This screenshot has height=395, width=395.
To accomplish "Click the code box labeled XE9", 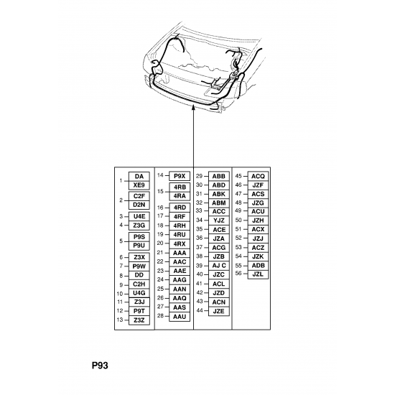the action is [x=139, y=185].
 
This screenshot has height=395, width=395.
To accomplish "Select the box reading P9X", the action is [x=180, y=176].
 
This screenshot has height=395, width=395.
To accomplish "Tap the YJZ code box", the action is [x=218, y=220].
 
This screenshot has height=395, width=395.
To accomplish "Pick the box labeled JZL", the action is [x=258, y=274].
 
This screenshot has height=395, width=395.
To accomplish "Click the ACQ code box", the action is [x=258, y=176].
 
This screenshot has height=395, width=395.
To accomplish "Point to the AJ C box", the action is [x=218, y=266].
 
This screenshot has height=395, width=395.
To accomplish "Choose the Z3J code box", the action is [x=139, y=302].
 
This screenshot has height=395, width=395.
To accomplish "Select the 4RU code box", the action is [x=180, y=235].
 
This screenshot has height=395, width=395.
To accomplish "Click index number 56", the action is [x=238, y=274].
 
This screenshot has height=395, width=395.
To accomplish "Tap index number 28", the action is [x=160, y=316].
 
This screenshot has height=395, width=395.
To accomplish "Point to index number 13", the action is [x=120, y=320].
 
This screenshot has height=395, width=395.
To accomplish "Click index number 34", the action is [x=199, y=220].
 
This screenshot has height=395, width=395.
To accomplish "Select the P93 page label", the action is [x=100, y=366].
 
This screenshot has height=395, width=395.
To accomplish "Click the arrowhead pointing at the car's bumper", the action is [x=193, y=108].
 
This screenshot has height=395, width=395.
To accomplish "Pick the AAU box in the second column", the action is [x=180, y=317].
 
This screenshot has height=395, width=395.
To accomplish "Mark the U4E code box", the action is [x=139, y=216].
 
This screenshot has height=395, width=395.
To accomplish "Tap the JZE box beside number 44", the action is [x=218, y=311].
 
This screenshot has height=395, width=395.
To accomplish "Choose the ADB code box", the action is [x=258, y=266].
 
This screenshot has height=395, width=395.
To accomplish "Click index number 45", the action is [x=238, y=176].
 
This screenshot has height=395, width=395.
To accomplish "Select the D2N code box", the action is [x=139, y=205].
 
